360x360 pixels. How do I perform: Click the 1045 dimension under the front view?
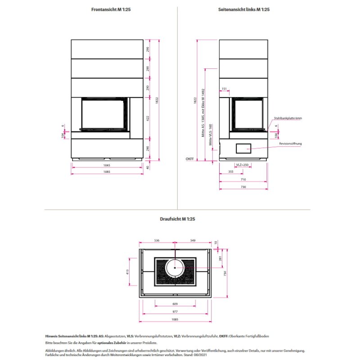coord(107,165)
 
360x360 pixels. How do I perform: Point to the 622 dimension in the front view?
coord(148,118)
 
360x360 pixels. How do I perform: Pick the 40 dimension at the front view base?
coord(148,167)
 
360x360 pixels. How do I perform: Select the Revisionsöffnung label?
coord(290,144)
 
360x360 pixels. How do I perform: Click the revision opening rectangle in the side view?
coord(243,147)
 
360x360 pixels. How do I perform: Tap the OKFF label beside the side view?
coord(190,159)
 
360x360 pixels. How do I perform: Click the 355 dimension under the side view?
coord(230,172)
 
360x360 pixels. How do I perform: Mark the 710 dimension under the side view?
coord(243,179)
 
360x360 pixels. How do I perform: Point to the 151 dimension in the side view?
coord(224,89)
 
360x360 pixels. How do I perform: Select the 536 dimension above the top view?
coord(157,241)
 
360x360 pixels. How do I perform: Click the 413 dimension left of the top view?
coord(127,272)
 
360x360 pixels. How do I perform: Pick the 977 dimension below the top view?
coord(175,311)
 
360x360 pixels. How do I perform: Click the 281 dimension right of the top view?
coord(220,258)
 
